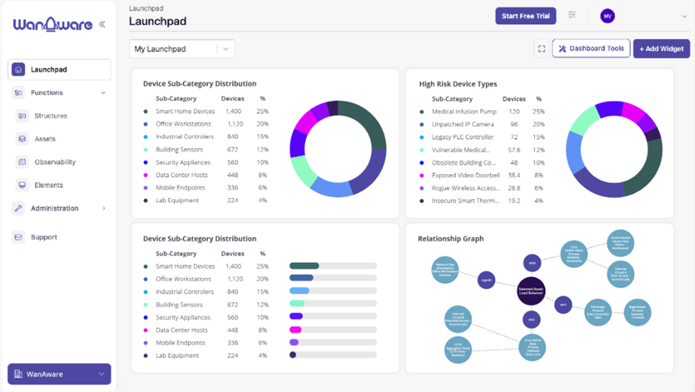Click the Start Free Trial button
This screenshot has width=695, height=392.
525,16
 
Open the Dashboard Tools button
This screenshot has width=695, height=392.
591,49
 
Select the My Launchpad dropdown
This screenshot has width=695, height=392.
181,49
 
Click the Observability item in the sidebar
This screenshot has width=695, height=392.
55,162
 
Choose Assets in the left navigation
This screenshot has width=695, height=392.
45,139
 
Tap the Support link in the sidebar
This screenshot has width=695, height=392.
44,237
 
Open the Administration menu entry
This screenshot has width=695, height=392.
55,208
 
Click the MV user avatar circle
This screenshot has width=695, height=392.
607,16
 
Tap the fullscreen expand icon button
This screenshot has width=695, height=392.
542,49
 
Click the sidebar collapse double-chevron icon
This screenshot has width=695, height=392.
102,24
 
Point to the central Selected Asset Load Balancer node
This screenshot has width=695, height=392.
531,291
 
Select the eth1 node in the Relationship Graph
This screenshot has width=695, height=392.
563,304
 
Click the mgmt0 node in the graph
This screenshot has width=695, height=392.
486,280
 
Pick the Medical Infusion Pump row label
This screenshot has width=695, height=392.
464,112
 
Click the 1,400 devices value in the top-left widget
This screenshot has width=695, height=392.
233,111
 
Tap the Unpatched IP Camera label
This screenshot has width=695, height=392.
463,124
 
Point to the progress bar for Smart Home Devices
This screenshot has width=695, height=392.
333,266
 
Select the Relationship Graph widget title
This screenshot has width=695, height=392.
451,239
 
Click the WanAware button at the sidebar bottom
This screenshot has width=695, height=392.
59,374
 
